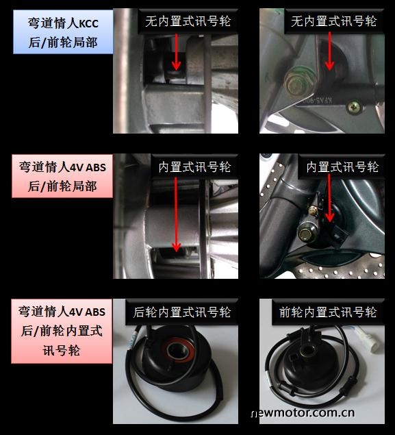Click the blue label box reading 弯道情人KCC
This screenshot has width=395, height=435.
(x=63, y=32)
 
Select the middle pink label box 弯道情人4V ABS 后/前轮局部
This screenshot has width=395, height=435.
(x=62, y=176)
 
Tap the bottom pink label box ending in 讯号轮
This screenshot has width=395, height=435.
(x=62, y=331)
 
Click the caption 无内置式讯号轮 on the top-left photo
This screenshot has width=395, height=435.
(x=188, y=21)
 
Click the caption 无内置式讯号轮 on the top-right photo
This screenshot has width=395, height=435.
(x=334, y=21)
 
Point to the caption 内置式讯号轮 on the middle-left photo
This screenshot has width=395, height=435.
(x=194, y=167)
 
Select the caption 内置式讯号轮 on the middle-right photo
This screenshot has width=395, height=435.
(x=342, y=167)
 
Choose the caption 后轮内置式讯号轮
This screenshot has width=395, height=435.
(x=182, y=312)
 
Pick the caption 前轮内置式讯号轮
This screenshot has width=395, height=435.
(x=328, y=312)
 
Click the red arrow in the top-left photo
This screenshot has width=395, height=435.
(x=176, y=52)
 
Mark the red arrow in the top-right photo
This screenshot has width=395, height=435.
(x=329, y=51)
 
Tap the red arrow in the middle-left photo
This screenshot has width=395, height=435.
(x=176, y=214)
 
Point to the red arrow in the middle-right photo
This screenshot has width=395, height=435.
(x=329, y=198)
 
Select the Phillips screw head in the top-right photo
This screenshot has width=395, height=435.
(x=355, y=107)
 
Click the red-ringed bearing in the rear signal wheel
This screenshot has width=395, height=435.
(x=178, y=350)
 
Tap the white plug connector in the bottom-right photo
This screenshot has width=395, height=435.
(x=368, y=338)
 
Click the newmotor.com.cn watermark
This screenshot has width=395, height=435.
(x=303, y=413)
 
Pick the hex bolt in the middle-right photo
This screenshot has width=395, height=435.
(x=307, y=234)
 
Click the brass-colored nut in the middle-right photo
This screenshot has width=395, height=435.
(x=313, y=211)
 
